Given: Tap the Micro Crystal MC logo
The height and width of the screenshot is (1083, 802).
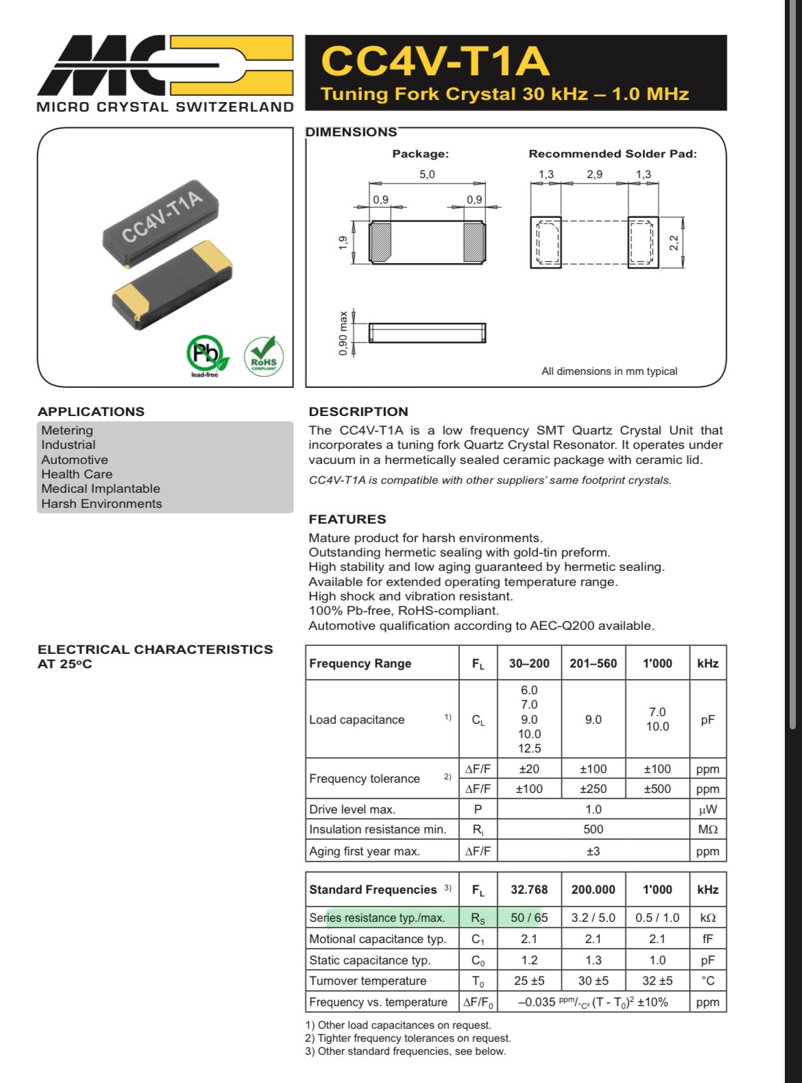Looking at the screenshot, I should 165,66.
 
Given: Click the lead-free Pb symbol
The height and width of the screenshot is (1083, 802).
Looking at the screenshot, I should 204,354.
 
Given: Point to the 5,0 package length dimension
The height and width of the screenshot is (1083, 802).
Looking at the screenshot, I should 426,174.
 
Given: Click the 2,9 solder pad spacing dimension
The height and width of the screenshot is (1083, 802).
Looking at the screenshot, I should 594,174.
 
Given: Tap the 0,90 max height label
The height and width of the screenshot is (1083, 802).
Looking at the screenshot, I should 343,333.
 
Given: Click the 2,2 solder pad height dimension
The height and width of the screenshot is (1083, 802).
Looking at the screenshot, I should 674,243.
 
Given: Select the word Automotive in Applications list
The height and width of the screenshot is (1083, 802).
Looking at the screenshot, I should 75,459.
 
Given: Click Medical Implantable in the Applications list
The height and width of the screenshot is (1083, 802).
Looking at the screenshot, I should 101,489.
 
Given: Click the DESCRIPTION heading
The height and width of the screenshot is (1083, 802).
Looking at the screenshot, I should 359,411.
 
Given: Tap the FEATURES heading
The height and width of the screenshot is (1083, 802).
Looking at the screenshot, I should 348,519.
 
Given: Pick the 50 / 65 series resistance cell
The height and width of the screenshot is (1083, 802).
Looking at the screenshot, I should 529,917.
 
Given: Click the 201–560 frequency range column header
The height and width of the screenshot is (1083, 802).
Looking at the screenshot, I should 593,663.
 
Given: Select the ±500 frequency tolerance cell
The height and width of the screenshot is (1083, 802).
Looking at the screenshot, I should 657,788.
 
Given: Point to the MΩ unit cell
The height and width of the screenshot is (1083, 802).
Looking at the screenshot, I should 707,829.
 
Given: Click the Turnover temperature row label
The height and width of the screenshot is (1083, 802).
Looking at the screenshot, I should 367,981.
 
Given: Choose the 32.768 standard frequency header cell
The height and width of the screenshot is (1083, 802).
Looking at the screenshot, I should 529,889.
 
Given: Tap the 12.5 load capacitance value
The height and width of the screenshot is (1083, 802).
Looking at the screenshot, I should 529,749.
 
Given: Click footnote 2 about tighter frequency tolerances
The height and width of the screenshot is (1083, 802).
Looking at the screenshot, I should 408,1038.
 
